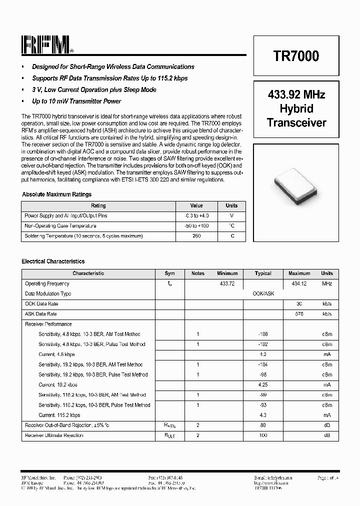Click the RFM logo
click(47, 45)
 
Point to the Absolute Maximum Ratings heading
click(57, 194)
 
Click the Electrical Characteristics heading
click(53, 261)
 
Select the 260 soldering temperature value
click(196, 236)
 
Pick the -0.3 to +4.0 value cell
click(196, 215)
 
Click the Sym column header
click(170, 273)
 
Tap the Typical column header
click(263, 273)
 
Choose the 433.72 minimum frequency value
click(227, 283)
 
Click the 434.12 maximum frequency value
click(299, 283)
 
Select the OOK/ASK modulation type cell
click(263, 294)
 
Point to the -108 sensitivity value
click(263, 334)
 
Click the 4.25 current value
click(263, 385)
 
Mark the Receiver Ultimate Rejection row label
click(54, 435)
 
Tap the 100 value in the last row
click(263, 435)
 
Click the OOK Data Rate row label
click(41, 304)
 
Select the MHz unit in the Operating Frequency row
click(327, 283)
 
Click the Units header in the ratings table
click(231, 205)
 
